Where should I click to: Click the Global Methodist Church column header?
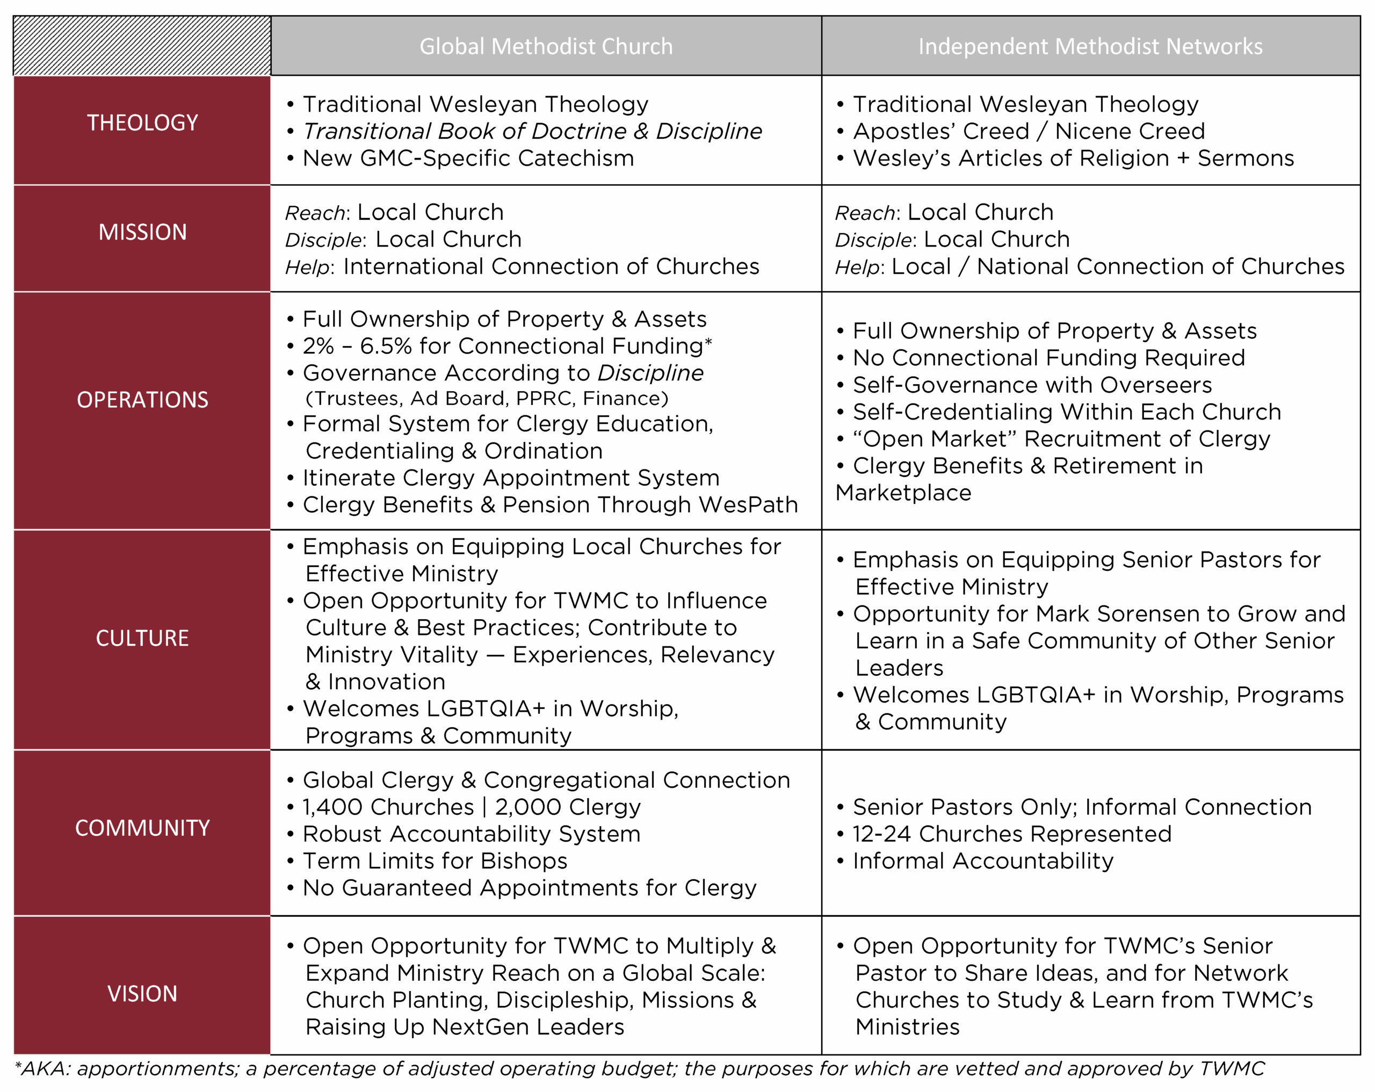[x=546, y=47]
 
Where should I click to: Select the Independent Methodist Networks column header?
[x=1090, y=47]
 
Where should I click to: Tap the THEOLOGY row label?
[x=142, y=122]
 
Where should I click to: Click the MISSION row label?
[x=142, y=232]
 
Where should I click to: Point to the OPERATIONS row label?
[x=142, y=400]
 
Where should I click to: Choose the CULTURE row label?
[x=142, y=639]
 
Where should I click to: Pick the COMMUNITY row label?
[x=142, y=828]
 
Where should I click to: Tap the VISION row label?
[x=142, y=994]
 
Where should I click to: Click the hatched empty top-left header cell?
[x=142, y=46]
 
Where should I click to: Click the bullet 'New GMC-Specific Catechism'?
[x=468, y=158]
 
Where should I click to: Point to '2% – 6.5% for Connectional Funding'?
[x=507, y=346]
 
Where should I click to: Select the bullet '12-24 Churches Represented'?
[x=1012, y=834]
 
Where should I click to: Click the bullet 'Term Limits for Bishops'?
[x=435, y=861]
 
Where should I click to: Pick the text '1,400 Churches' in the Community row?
[x=388, y=807]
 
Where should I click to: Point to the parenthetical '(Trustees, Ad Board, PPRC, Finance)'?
[x=487, y=399]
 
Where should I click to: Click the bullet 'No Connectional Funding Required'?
[x=1048, y=358]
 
